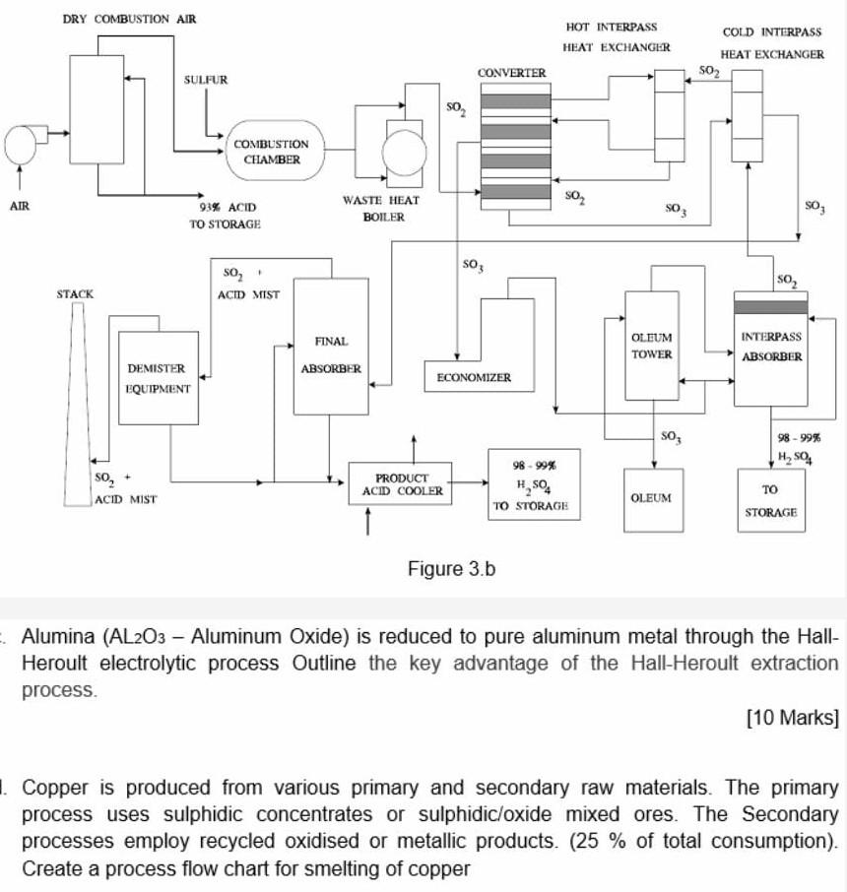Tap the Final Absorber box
click(331, 347)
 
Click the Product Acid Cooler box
click(402, 484)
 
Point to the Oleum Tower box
click(652, 347)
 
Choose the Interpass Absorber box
click(770, 350)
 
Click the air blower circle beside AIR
click(22, 145)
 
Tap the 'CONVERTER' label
click(511, 73)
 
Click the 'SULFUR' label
click(206, 79)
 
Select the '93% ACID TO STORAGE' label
click(226, 217)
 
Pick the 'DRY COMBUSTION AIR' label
click(129, 20)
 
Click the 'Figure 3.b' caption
click(452, 569)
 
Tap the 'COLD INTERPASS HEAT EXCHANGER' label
click(772, 44)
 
